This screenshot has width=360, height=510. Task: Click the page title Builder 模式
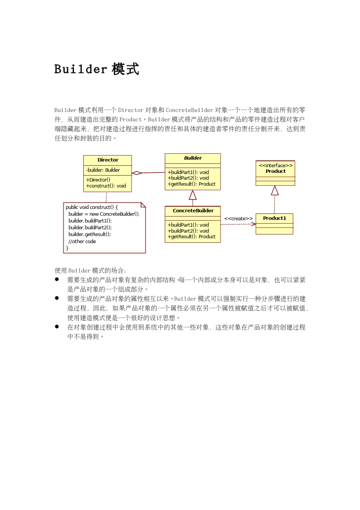[97, 69]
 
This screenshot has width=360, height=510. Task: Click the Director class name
[108, 160]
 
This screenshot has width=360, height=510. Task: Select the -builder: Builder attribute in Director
[103, 170]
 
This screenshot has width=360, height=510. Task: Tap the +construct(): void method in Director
[106, 186]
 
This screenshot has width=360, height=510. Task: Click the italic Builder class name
[193, 158]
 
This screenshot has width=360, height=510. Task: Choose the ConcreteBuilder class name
[193, 211]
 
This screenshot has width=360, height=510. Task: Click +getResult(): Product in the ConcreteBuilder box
[191, 237]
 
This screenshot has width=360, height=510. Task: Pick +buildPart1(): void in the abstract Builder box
[188, 172]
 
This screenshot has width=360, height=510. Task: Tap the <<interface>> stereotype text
[275, 165]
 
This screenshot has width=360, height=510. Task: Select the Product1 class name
[274, 218]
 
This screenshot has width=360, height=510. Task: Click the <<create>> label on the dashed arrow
[238, 218]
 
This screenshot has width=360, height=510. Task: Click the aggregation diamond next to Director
[136, 173]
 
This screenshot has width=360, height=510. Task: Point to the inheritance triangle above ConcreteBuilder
[193, 195]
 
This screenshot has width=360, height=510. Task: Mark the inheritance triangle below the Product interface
[275, 190]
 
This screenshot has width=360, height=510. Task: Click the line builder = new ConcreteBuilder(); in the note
[104, 214]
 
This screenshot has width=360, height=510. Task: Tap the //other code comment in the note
[82, 242]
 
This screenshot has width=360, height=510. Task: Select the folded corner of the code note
[143, 205]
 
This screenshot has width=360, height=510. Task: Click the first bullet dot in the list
[57, 279]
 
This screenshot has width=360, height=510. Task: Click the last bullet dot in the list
[57, 326]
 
